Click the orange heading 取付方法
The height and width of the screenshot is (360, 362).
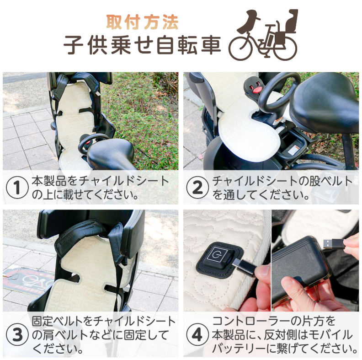pos(142,22)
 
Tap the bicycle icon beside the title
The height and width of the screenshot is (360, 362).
pos(263,35)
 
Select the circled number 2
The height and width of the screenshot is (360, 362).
pos(197,188)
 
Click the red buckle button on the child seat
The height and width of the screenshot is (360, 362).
pos(258,89)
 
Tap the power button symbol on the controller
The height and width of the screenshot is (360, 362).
pos(216,255)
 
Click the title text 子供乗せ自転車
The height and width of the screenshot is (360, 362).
pos(142,45)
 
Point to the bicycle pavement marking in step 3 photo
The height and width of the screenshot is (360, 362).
pos(28,281)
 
